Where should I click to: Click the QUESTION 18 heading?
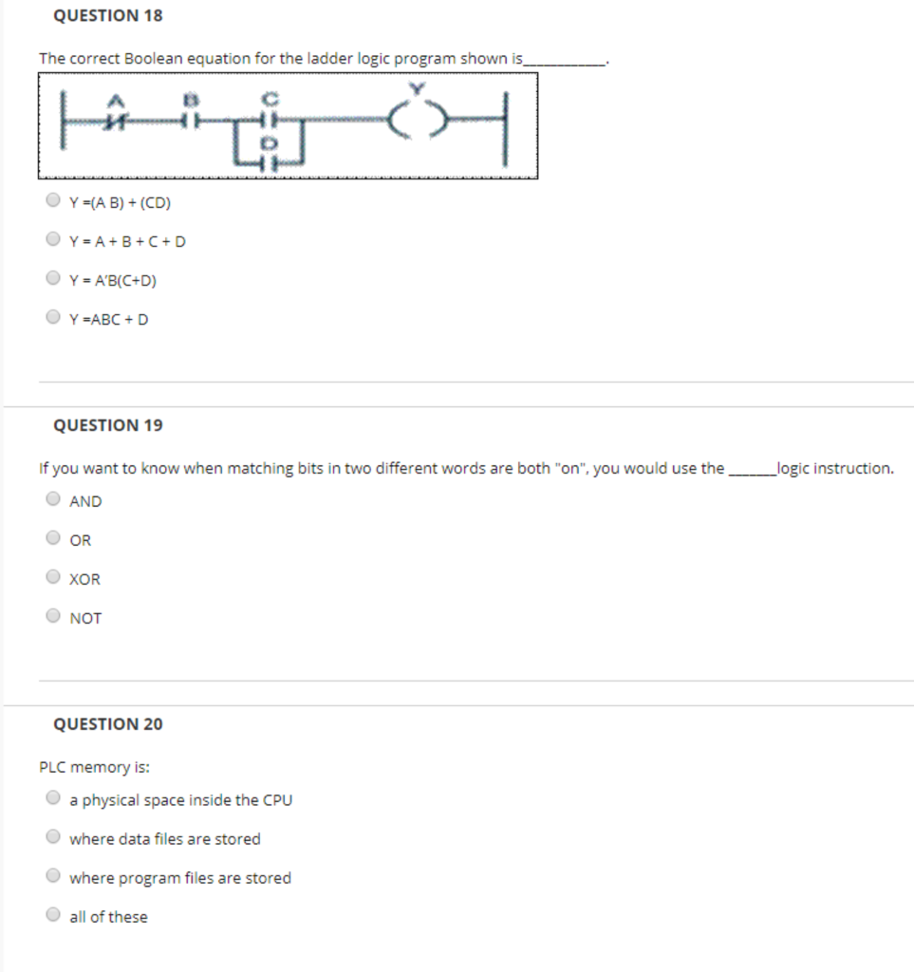tap(107, 15)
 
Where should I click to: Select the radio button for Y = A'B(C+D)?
tap(53, 279)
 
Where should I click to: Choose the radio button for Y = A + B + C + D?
tap(53, 240)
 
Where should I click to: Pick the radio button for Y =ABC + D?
tap(53, 318)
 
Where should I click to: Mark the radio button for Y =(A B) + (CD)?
tap(53, 201)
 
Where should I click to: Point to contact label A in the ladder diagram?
tap(119, 99)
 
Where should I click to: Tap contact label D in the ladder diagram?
tap(267, 142)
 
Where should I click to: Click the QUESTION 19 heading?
tap(107, 425)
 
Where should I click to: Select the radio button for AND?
tap(53, 499)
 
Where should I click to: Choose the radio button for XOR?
tap(53, 577)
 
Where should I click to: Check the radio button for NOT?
tap(53, 616)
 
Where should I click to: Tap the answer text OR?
tap(81, 540)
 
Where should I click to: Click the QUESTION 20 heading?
tap(107, 724)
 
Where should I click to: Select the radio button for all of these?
tap(53, 915)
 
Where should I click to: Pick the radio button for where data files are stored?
tap(53, 837)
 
